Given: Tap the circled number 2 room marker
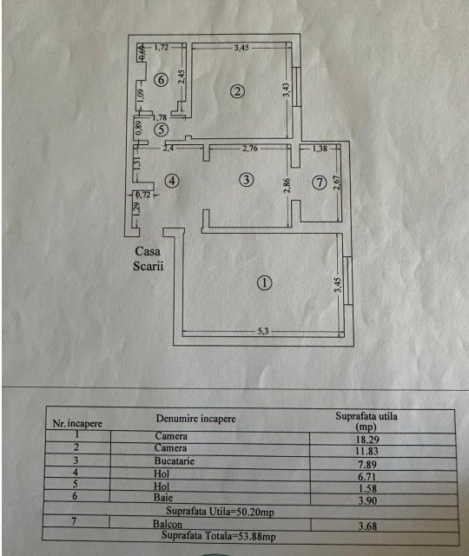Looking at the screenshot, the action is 237,91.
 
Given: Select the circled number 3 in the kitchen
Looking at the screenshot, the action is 247,180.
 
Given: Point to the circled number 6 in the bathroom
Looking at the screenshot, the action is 161,80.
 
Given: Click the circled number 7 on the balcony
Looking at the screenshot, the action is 319,182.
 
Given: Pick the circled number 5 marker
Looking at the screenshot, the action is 161,129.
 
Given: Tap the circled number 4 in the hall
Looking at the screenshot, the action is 172,182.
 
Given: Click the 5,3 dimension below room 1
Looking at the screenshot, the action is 263,331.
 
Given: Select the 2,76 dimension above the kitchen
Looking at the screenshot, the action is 250,148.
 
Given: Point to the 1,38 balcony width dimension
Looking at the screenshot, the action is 320,149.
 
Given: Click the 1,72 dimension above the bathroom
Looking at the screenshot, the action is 162,47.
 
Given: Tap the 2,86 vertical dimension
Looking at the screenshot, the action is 287,185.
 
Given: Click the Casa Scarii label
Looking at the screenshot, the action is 149,259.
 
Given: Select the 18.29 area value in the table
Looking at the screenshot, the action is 367,440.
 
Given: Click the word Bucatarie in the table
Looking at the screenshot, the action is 175,461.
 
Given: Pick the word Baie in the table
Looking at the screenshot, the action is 163,497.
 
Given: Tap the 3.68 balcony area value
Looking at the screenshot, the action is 367,526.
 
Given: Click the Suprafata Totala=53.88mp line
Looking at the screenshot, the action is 218,536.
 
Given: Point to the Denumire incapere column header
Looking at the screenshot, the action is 196,419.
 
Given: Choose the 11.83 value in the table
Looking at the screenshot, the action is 367,451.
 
